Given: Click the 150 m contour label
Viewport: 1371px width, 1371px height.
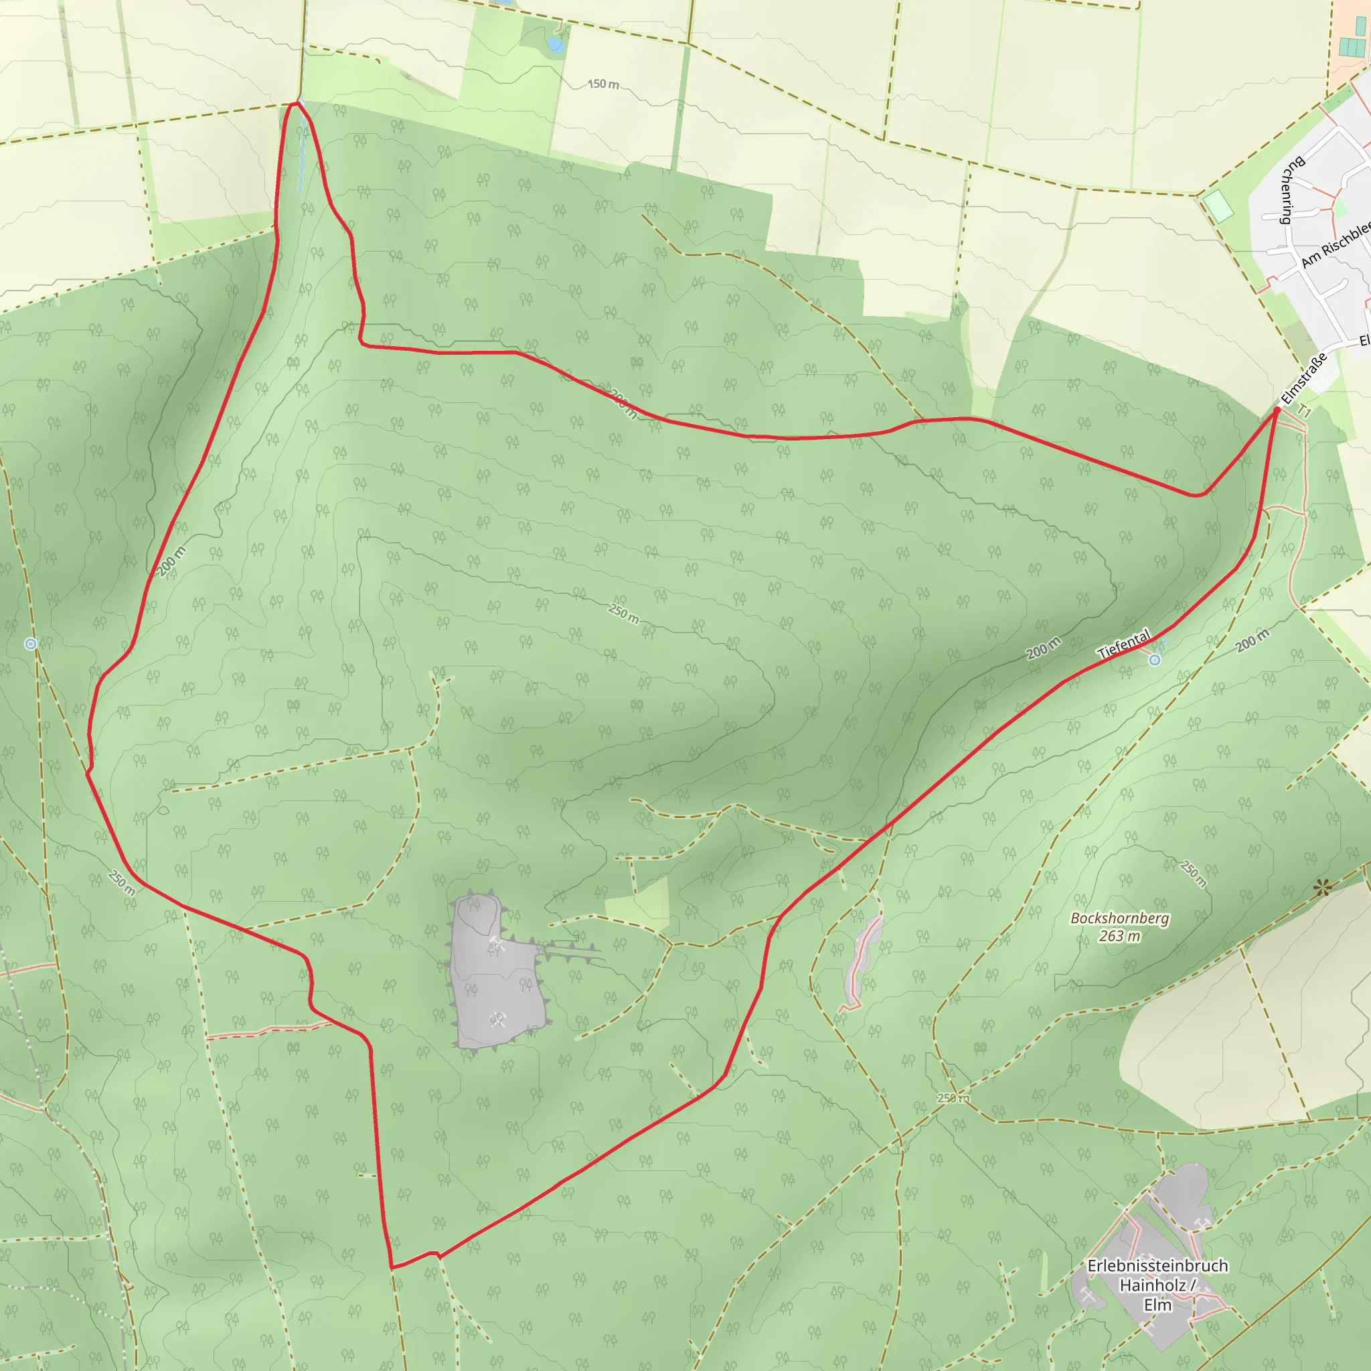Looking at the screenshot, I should point(603,84).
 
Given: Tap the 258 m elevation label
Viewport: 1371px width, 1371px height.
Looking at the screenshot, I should point(953,1098).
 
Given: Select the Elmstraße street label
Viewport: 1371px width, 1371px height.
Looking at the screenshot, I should point(1303,379).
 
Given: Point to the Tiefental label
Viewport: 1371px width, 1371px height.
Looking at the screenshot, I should point(1123,643).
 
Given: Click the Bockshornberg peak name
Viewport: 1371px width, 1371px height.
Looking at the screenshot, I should point(1120,918).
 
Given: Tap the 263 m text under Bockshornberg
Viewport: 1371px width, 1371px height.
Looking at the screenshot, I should point(1120,937).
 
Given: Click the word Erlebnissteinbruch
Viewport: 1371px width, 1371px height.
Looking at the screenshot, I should point(1157,1266).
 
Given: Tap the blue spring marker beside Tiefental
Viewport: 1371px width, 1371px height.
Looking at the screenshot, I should point(1155,660).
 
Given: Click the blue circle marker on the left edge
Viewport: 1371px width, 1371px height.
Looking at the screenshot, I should point(31,643).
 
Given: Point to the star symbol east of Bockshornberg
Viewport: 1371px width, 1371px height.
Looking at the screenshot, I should point(1321,887).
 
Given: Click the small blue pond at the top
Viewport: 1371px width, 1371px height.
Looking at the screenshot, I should point(556,46).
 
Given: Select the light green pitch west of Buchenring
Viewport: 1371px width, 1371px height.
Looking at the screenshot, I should point(1219,206).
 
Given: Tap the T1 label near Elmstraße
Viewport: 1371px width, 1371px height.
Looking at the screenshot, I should point(1304,410).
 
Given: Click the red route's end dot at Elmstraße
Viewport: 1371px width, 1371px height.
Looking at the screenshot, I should point(1277,410).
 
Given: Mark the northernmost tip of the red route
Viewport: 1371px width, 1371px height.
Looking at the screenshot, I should point(295,104).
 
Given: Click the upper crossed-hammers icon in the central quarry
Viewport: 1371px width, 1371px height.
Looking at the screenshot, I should point(496,943).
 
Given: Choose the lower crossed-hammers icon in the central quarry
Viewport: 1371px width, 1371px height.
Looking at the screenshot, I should point(497,1020).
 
